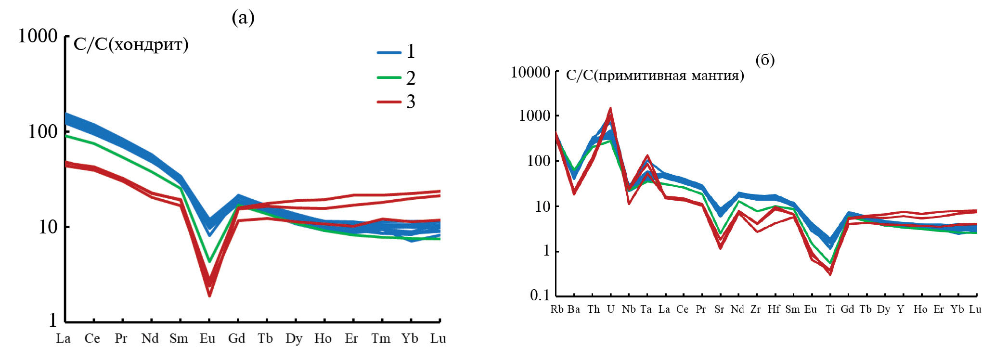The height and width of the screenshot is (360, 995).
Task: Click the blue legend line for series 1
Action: (x=389, y=52)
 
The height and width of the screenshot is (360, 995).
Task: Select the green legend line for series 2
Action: (x=389, y=77)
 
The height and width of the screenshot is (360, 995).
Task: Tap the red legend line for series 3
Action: (x=389, y=102)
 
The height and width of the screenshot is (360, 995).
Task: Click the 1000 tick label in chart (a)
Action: (x=38, y=36)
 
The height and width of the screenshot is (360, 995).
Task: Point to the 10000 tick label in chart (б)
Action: (x=530, y=73)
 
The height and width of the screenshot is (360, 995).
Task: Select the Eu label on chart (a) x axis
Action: (x=207, y=339)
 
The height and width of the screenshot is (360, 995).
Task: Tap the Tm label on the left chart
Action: (x=381, y=339)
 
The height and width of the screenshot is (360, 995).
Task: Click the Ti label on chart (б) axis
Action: (x=830, y=309)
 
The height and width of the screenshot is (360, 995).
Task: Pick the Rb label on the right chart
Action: (x=557, y=309)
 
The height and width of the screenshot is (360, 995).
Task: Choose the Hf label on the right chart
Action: (x=774, y=309)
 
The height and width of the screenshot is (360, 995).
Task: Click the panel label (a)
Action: (x=243, y=18)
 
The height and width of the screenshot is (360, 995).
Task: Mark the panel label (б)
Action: (x=765, y=60)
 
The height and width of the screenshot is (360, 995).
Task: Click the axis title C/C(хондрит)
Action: (x=131, y=45)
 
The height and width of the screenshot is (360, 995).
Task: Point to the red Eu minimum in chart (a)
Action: (x=209, y=295)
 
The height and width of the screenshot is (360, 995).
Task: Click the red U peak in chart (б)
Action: (x=610, y=109)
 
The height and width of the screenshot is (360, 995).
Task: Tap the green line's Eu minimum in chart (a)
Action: (x=209, y=262)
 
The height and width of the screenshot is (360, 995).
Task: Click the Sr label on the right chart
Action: (x=719, y=309)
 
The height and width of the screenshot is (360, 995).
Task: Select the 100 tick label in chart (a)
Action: (x=42, y=131)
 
